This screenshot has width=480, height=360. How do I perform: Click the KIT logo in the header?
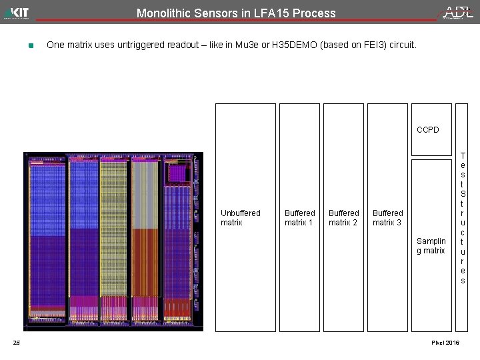(17, 12)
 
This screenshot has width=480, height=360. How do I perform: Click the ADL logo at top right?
(458, 12)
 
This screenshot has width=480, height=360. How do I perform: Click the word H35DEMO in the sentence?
(291, 45)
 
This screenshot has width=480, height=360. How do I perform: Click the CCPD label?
(428, 129)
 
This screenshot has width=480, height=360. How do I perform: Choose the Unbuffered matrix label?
(240, 218)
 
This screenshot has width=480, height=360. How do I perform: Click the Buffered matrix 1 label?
(299, 218)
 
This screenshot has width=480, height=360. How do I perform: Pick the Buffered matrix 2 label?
(343, 218)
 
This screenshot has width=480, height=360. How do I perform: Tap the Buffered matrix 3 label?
(387, 218)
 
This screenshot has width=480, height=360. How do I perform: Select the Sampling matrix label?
(431, 246)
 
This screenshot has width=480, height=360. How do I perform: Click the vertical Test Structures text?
(463, 218)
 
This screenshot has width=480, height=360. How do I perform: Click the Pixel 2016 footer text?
(445, 343)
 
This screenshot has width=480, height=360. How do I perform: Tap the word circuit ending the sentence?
(401, 45)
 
